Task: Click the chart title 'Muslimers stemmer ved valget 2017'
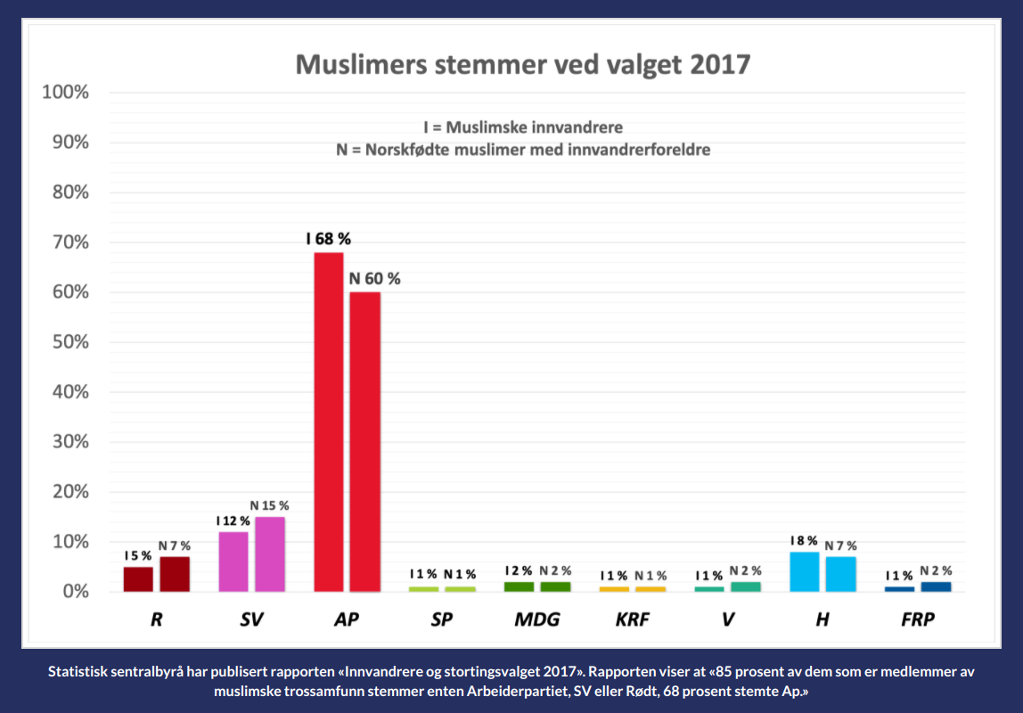(x=523, y=65)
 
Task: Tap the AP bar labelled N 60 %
(x=364, y=441)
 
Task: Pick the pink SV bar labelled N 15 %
(x=269, y=553)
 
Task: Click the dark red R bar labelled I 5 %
(x=138, y=578)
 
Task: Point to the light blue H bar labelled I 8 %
(x=805, y=571)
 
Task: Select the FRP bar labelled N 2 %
(x=936, y=586)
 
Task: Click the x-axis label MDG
(x=537, y=619)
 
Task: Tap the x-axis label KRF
(x=632, y=619)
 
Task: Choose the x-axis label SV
(x=251, y=619)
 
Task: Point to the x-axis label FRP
(x=918, y=619)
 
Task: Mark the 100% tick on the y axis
(x=63, y=93)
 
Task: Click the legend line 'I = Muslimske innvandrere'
(x=523, y=127)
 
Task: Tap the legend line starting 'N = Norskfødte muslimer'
(x=523, y=150)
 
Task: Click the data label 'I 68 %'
(x=328, y=240)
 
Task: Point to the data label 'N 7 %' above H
(x=840, y=545)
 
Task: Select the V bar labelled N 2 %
(x=746, y=586)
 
